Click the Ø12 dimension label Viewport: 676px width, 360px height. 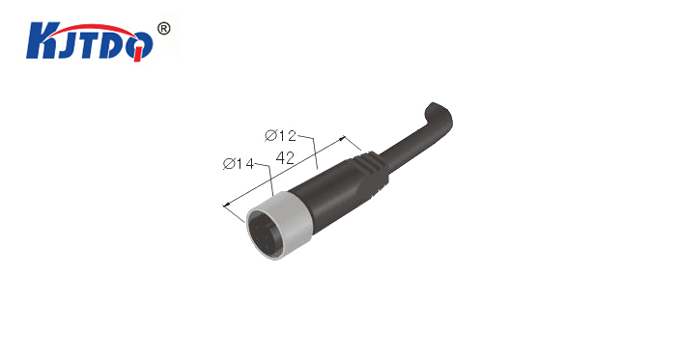(x=281, y=136)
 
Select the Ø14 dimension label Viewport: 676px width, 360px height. (x=239, y=164)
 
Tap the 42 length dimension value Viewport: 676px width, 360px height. (x=285, y=158)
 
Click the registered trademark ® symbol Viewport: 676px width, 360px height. (x=164, y=29)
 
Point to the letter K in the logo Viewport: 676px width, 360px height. (x=41, y=41)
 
